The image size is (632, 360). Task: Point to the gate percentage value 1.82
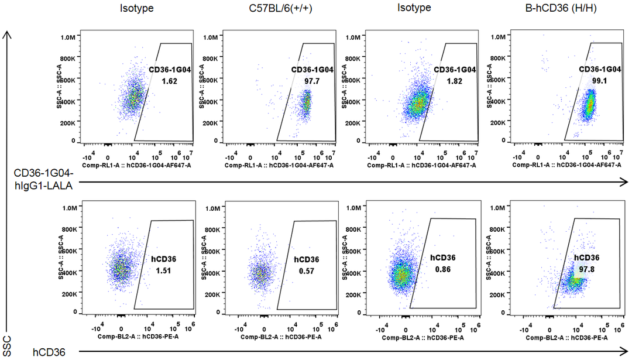455,80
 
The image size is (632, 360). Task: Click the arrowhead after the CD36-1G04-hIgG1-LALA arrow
626,183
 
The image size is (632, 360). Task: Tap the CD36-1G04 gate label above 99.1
600,69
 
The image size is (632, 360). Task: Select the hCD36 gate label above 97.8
587,258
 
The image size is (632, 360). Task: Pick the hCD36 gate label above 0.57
306,259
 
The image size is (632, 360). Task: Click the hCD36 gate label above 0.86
443,258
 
